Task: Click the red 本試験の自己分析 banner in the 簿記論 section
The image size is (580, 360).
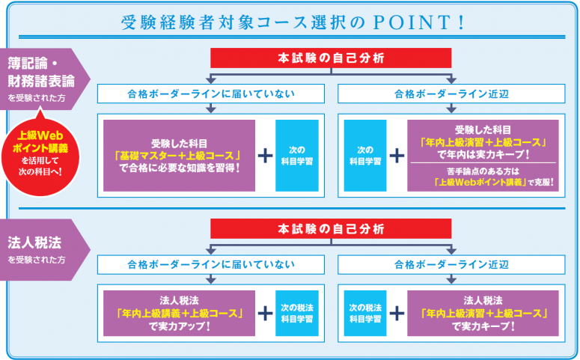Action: pyautogui.click(x=331, y=58)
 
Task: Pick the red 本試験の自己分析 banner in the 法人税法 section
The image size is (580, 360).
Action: pyautogui.click(x=331, y=228)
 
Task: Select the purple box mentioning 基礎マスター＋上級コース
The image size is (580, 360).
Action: pyautogui.click(x=179, y=155)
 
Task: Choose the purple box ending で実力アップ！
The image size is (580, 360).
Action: pyautogui.click(x=179, y=313)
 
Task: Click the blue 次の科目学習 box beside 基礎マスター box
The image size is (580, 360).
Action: pyautogui.click(x=297, y=155)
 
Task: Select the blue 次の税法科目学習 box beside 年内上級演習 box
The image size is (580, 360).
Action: pyautogui.click(x=365, y=313)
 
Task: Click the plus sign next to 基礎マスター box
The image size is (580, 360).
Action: pyautogui.click(x=265, y=155)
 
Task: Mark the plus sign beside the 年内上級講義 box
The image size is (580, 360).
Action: pyautogui.click(x=265, y=313)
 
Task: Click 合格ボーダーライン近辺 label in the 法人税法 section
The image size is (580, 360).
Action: pyautogui.click(x=452, y=264)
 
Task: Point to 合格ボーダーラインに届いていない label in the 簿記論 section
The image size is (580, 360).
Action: pyautogui.click(x=211, y=94)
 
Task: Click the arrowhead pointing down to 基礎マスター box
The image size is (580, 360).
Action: pyautogui.click(x=211, y=110)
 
